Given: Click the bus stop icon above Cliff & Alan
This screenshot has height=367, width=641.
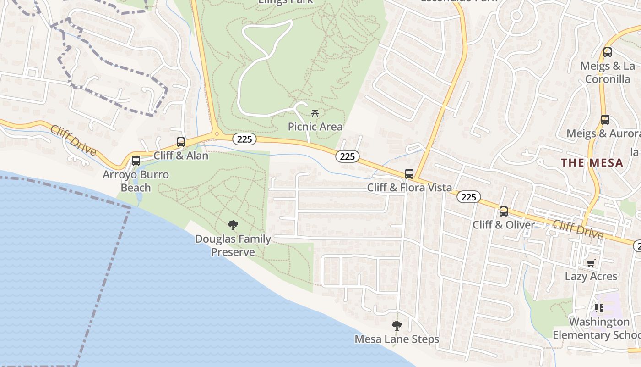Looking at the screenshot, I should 181,142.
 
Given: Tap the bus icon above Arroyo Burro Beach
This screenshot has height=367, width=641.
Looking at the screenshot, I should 136,161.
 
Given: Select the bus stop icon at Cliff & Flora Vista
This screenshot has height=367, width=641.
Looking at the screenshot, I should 409,174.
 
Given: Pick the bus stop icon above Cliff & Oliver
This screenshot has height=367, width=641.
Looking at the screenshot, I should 504,211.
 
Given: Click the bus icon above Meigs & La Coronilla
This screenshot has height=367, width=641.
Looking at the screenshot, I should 608,52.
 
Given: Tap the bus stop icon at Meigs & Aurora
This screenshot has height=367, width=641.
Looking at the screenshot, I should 605,120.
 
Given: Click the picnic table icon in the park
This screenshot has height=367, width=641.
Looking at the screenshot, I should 315,113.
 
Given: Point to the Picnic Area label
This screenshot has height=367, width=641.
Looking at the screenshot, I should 315,126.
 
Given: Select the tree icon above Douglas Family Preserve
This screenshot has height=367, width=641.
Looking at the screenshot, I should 233,225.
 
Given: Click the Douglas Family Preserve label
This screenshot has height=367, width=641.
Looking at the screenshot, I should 233,245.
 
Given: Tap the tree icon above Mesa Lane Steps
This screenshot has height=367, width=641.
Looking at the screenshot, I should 397,326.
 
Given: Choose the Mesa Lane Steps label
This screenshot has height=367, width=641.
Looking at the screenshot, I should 397,339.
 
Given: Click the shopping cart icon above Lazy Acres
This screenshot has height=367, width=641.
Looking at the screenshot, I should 591,263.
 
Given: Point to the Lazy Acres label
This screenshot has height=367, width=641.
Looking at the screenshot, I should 591,276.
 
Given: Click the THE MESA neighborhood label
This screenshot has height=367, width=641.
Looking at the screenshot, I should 592,163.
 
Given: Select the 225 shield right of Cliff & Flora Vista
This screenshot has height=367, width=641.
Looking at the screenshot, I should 468,197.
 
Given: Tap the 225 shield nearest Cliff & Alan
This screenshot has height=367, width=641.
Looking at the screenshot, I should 244,139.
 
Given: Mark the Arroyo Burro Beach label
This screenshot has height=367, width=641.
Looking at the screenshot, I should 136,181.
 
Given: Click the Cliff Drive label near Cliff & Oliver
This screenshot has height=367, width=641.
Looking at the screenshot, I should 578,229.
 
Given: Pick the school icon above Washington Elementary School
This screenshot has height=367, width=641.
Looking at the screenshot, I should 599,308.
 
